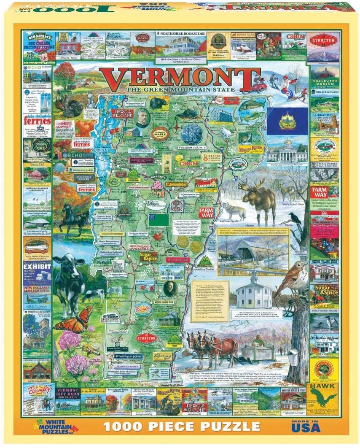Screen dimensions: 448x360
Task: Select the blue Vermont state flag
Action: pyautogui.click(x=287, y=118)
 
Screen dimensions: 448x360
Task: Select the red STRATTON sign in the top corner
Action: pyautogui.click(x=323, y=40)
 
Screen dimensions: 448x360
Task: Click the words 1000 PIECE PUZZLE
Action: pyautogui.click(x=182, y=426)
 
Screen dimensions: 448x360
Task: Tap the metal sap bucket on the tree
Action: pyautogui.click(x=293, y=356)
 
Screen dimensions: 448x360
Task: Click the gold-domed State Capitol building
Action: pyautogui.click(x=287, y=151)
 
